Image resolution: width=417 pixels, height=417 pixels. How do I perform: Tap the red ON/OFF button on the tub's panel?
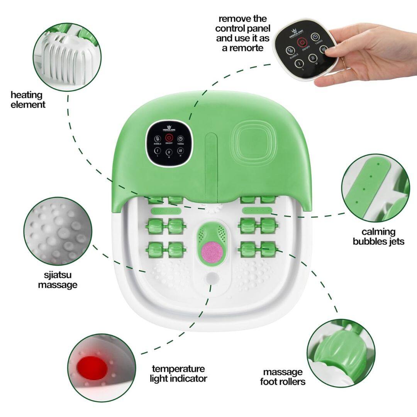click(x=169, y=138)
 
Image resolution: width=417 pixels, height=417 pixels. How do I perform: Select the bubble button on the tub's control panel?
click(x=157, y=139)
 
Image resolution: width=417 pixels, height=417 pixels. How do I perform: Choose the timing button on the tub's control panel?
click(x=180, y=139)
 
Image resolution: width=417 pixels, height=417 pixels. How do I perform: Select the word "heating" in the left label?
click(x=26, y=95)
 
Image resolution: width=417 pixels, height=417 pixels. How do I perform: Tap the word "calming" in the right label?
click(x=378, y=232)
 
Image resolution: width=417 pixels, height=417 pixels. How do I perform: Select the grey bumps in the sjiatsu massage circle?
click(x=58, y=232)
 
